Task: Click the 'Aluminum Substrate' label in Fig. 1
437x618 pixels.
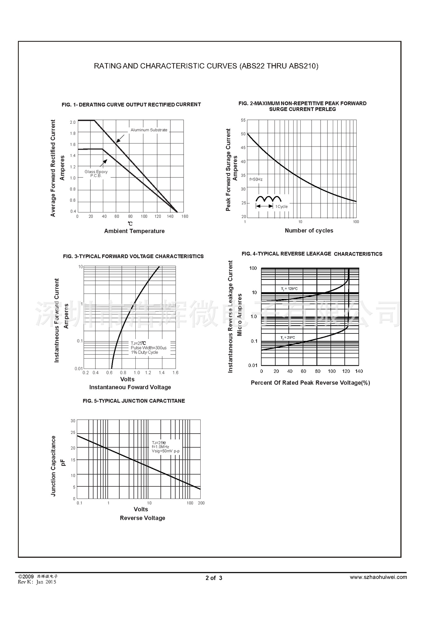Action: pos(149,130)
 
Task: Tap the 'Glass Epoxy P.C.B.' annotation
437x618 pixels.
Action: pos(96,173)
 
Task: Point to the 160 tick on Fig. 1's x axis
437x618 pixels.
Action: pos(185,216)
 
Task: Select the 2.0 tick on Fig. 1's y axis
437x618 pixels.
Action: pos(73,122)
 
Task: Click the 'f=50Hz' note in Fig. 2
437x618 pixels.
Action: pos(256,179)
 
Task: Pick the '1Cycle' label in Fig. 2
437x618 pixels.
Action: pos(282,207)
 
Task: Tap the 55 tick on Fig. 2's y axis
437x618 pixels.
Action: pos(243,120)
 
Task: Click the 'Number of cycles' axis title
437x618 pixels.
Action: pos(309,230)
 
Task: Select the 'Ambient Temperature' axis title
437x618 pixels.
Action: pos(134,231)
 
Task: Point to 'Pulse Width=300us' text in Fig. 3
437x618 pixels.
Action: pos(149,348)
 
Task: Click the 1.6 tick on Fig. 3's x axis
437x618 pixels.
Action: pos(175,373)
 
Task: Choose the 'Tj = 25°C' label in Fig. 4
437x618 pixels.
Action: pos(287,338)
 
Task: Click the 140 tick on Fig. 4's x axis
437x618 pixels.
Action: pos(359,371)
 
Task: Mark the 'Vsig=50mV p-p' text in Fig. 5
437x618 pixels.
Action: pos(166,451)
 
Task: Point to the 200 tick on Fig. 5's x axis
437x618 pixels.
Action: pos(201,503)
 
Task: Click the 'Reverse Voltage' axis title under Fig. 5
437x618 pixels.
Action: pos(142,518)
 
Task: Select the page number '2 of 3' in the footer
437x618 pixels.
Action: pos(214,578)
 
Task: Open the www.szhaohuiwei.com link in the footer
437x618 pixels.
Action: pos(378,577)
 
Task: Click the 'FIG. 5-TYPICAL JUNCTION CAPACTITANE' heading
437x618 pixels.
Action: pos(134,401)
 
